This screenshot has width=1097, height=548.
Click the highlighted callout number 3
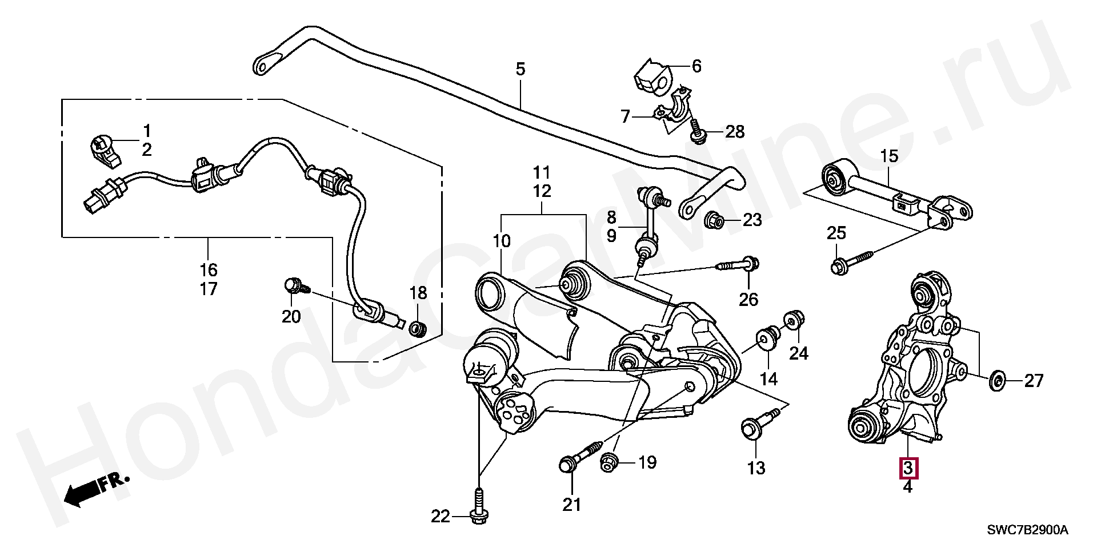click(908, 468)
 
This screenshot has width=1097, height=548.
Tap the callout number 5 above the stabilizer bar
click(520, 70)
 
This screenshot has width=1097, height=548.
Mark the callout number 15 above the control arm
click(889, 156)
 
